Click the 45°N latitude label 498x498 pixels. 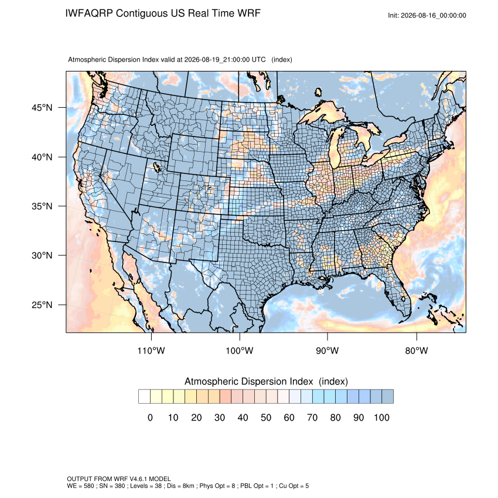42,108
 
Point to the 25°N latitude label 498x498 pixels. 42,305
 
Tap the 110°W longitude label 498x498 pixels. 151,350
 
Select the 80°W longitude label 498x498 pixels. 417,350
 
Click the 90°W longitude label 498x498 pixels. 327,350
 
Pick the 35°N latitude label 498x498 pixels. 42,206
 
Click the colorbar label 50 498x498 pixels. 266,417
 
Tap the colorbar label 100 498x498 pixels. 381,417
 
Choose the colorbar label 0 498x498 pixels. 150,417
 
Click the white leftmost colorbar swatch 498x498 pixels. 144,397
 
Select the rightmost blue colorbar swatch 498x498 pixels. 387,397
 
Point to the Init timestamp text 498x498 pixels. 427,15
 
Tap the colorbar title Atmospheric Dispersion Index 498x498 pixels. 248,381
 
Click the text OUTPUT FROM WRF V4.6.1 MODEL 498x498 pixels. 119,479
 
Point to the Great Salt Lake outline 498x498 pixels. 156,167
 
